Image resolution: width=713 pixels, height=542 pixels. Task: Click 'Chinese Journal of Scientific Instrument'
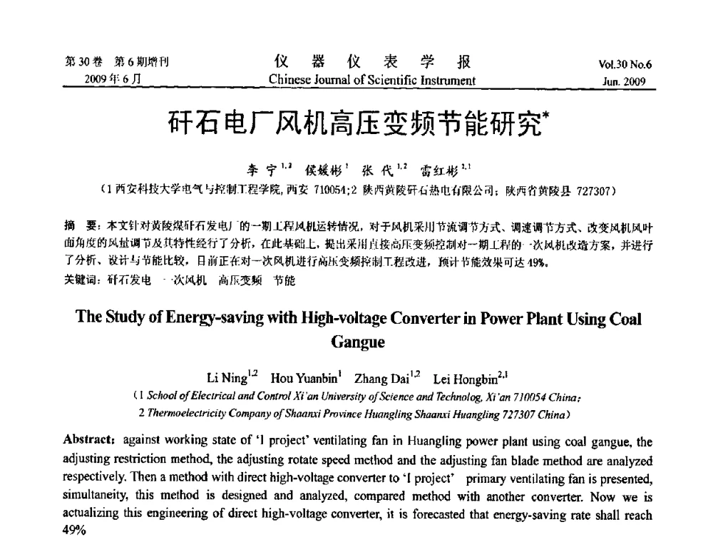[371, 80]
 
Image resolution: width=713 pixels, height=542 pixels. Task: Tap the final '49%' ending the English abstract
[76, 530]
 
